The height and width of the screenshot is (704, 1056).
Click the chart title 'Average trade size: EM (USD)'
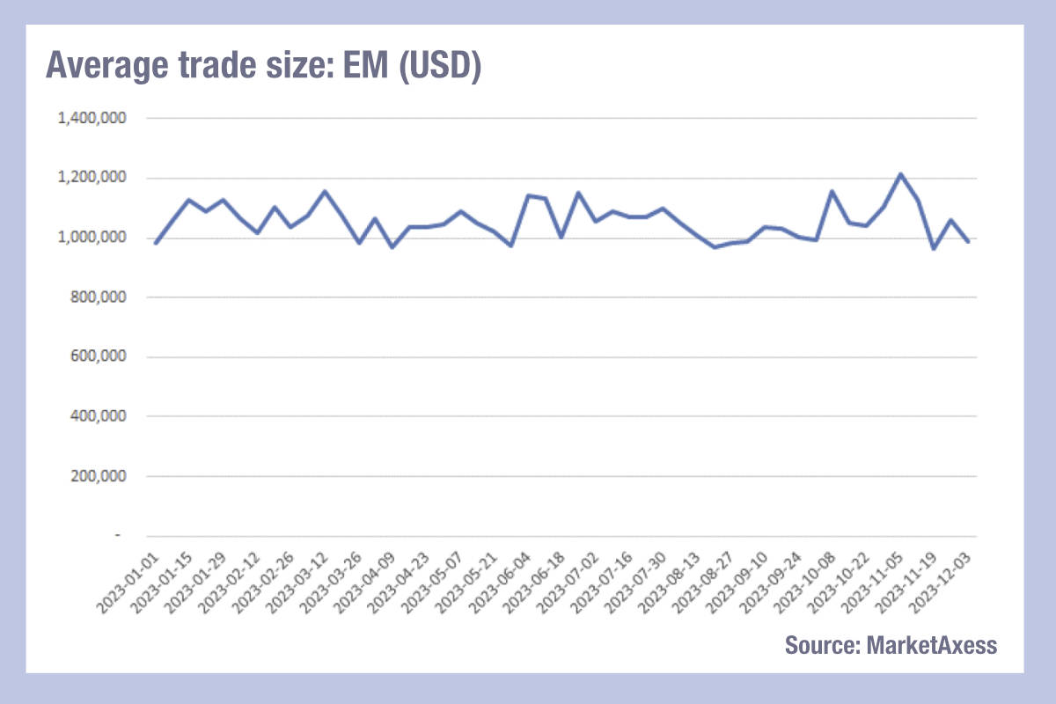(263, 67)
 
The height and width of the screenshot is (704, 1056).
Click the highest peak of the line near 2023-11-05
(900, 174)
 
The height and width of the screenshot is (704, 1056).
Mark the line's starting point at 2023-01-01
(155, 243)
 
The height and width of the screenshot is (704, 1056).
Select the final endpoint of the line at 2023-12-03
(968, 241)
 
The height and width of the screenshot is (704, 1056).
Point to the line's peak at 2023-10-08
(832, 191)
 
